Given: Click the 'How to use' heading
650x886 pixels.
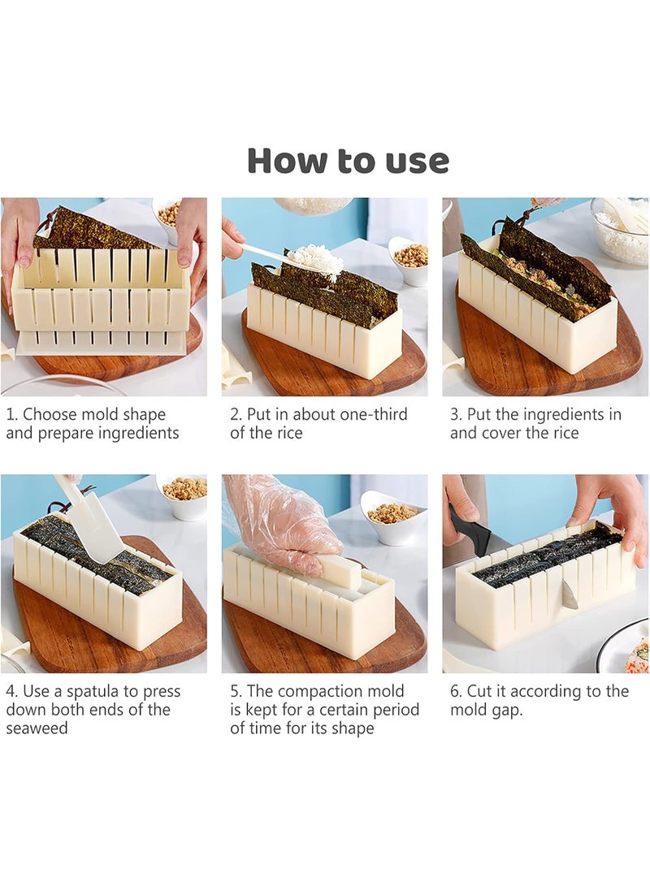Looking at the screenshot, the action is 349,161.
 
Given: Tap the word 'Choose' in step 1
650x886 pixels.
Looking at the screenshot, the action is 48,414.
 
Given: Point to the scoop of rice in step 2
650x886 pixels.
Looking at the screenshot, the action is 314,261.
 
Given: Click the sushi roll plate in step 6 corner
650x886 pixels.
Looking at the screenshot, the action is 625,647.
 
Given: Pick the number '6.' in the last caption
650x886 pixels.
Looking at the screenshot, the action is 456,692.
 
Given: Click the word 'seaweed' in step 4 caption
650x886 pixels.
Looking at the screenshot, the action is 37,728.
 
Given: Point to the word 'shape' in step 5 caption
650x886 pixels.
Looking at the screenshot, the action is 353,729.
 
